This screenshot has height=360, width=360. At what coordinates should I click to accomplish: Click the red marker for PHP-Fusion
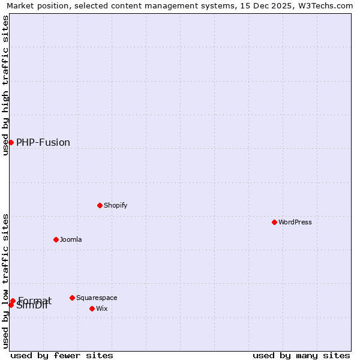click(x=11, y=142)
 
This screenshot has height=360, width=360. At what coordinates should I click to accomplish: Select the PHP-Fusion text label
click(x=43, y=143)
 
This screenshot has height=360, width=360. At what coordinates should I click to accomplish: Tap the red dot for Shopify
click(x=100, y=205)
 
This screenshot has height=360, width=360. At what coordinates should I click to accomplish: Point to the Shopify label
click(x=115, y=205)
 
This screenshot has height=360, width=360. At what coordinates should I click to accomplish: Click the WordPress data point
click(x=274, y=222)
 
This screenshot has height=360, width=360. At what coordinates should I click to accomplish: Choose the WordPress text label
click(x=295, y=222)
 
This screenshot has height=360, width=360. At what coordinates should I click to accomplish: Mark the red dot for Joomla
click(x=56, y=239)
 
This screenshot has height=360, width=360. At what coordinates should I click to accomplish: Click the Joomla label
click(x=71, y=239)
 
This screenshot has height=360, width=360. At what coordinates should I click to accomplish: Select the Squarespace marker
click(x=72, y=298)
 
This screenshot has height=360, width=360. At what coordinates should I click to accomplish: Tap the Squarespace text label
click(x=97, y=298)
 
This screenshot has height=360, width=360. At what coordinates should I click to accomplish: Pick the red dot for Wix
click(x=92, y=308)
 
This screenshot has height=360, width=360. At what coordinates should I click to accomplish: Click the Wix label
click(x=102, y=308)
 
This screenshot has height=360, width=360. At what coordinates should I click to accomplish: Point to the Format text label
click(x=35, y=301)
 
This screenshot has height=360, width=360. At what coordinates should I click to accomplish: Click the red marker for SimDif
click(x=11, y=305)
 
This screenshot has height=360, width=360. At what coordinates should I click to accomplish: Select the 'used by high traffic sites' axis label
click(x=5, y=85)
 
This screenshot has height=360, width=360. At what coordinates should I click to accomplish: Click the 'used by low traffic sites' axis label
click(x=5, y=281)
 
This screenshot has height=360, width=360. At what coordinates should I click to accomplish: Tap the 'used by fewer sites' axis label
click(x=62, y=355)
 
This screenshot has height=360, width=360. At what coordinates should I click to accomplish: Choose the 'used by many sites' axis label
click(x=301, y=355)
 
